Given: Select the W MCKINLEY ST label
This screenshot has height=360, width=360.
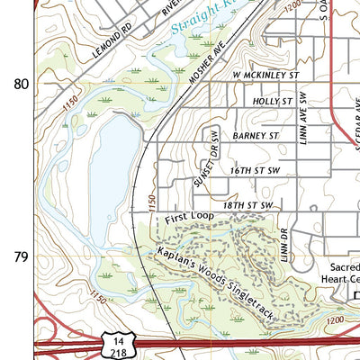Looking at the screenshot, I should click(x=265, y=76).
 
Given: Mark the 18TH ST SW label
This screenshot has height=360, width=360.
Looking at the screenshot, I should click(x=248, y=206).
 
